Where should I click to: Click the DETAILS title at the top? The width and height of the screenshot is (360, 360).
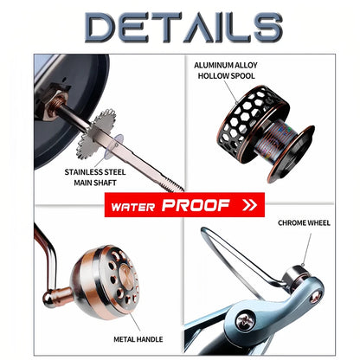point(183,28)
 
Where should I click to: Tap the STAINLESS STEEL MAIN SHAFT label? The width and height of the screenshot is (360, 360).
point(95,177)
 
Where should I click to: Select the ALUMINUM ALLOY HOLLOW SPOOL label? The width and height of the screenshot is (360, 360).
point(226,71)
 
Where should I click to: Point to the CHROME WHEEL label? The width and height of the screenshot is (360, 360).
point(304,223)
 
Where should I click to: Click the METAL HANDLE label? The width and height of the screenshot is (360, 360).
point(138,339)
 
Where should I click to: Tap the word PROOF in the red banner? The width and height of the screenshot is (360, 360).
point(196,205)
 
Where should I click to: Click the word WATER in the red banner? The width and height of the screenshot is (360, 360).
point(133,207)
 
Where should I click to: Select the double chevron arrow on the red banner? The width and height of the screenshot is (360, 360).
point(249,205)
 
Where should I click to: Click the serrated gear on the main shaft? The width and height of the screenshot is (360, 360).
point(96,134)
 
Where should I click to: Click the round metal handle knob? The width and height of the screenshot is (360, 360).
point(105,279)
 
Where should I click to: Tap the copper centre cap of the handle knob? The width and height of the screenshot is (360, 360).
point(126,277)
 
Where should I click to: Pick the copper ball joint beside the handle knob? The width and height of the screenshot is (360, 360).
point(57,296)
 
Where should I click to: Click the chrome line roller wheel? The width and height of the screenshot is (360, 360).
point(292,276)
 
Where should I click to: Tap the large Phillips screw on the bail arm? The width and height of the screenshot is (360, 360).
point(247,321)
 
